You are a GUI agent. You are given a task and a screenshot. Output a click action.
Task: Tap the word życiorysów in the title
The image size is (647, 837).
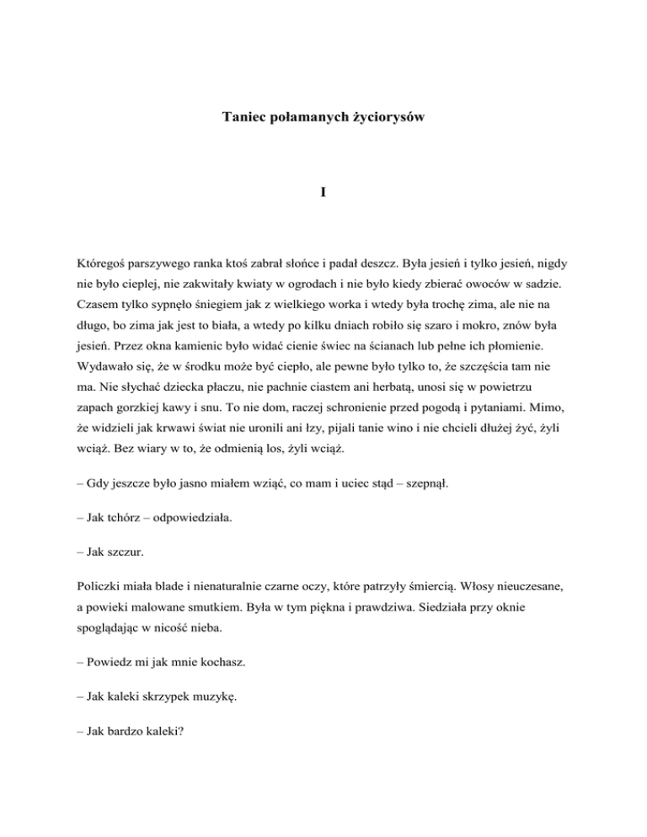[388, 119]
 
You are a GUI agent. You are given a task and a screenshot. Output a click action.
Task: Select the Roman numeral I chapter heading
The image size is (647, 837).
[323, 193]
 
